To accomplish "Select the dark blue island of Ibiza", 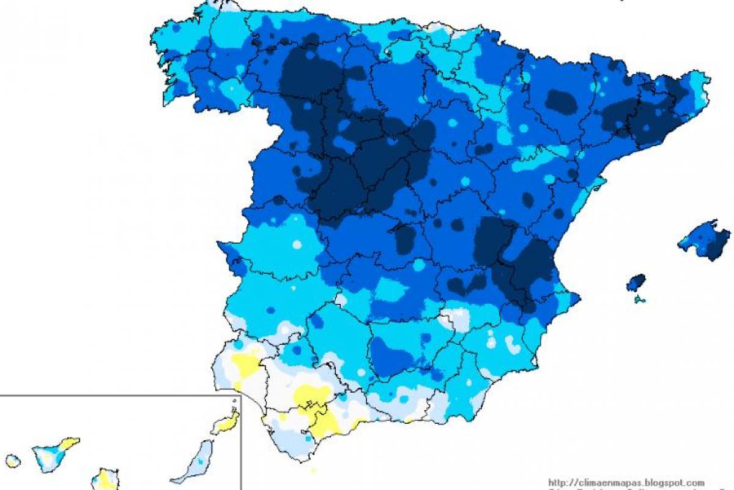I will tap(636, 282).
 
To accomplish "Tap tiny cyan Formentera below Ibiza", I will tap(640, 300).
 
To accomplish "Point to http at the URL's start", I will tap(556, 483).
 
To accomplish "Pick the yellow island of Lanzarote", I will tap(226, 423).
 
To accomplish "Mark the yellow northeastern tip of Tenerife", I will tap(70, 443).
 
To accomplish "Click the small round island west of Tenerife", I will tap(12, 461).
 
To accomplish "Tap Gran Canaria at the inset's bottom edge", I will tap(105, 480).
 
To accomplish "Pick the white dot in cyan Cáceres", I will tap(297, 244).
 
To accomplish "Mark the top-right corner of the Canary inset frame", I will tap(240, 396).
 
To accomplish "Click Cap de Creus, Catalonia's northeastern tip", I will tap(708, 80).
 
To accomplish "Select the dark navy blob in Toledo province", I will tap(404, 239).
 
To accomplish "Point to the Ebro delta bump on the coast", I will tap(602, 183).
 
